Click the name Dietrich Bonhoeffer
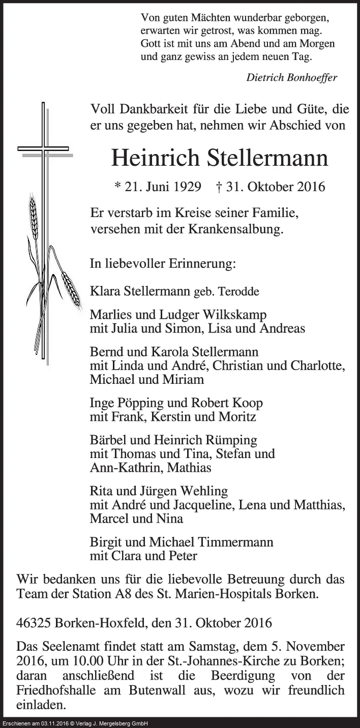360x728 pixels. coord(291,77)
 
